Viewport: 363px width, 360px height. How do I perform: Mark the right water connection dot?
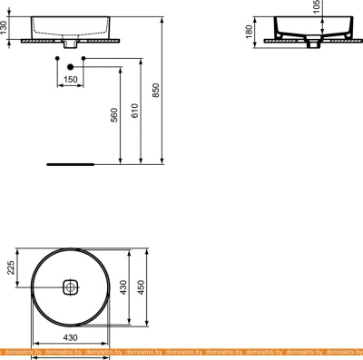pos(83,60)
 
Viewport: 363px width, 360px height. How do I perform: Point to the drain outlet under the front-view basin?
pos(70,43)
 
